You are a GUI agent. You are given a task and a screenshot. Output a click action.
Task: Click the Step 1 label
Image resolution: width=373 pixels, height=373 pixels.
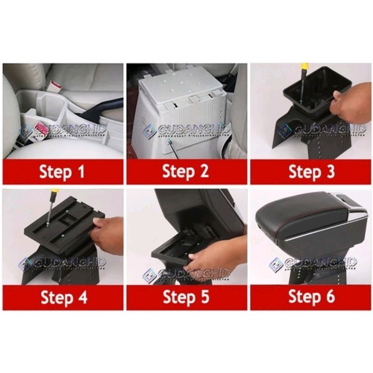(x=63, y=172)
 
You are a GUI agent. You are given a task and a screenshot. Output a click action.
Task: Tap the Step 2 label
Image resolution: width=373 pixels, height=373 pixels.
(x=186, y=172)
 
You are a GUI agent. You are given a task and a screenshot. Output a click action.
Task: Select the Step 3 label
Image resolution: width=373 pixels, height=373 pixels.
(x=311, y=172)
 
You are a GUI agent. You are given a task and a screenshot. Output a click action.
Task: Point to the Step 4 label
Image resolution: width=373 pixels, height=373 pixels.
(x=63, y=297)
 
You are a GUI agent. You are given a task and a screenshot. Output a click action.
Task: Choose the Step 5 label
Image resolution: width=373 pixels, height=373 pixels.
(x=186, y=297)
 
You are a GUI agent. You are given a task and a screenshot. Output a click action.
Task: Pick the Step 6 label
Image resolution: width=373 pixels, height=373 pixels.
(x=311, y=297)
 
